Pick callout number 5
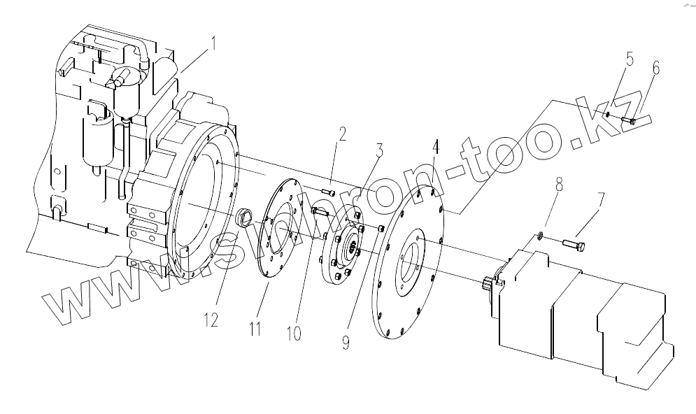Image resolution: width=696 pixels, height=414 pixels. click(x=629, y=59)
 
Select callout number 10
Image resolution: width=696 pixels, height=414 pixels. click(x=293, y=332)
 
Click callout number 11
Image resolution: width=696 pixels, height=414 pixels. click(x=255, y=327)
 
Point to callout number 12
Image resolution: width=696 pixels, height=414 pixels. click(x=211, y=320)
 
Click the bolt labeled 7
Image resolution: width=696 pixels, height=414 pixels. click(x=575, y=244)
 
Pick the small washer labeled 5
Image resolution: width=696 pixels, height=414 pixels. click(x=609, y=115)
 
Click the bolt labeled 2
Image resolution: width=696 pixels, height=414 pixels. click(x=329, y=191)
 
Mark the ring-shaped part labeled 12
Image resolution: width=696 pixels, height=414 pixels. click(x=245, y=217)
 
